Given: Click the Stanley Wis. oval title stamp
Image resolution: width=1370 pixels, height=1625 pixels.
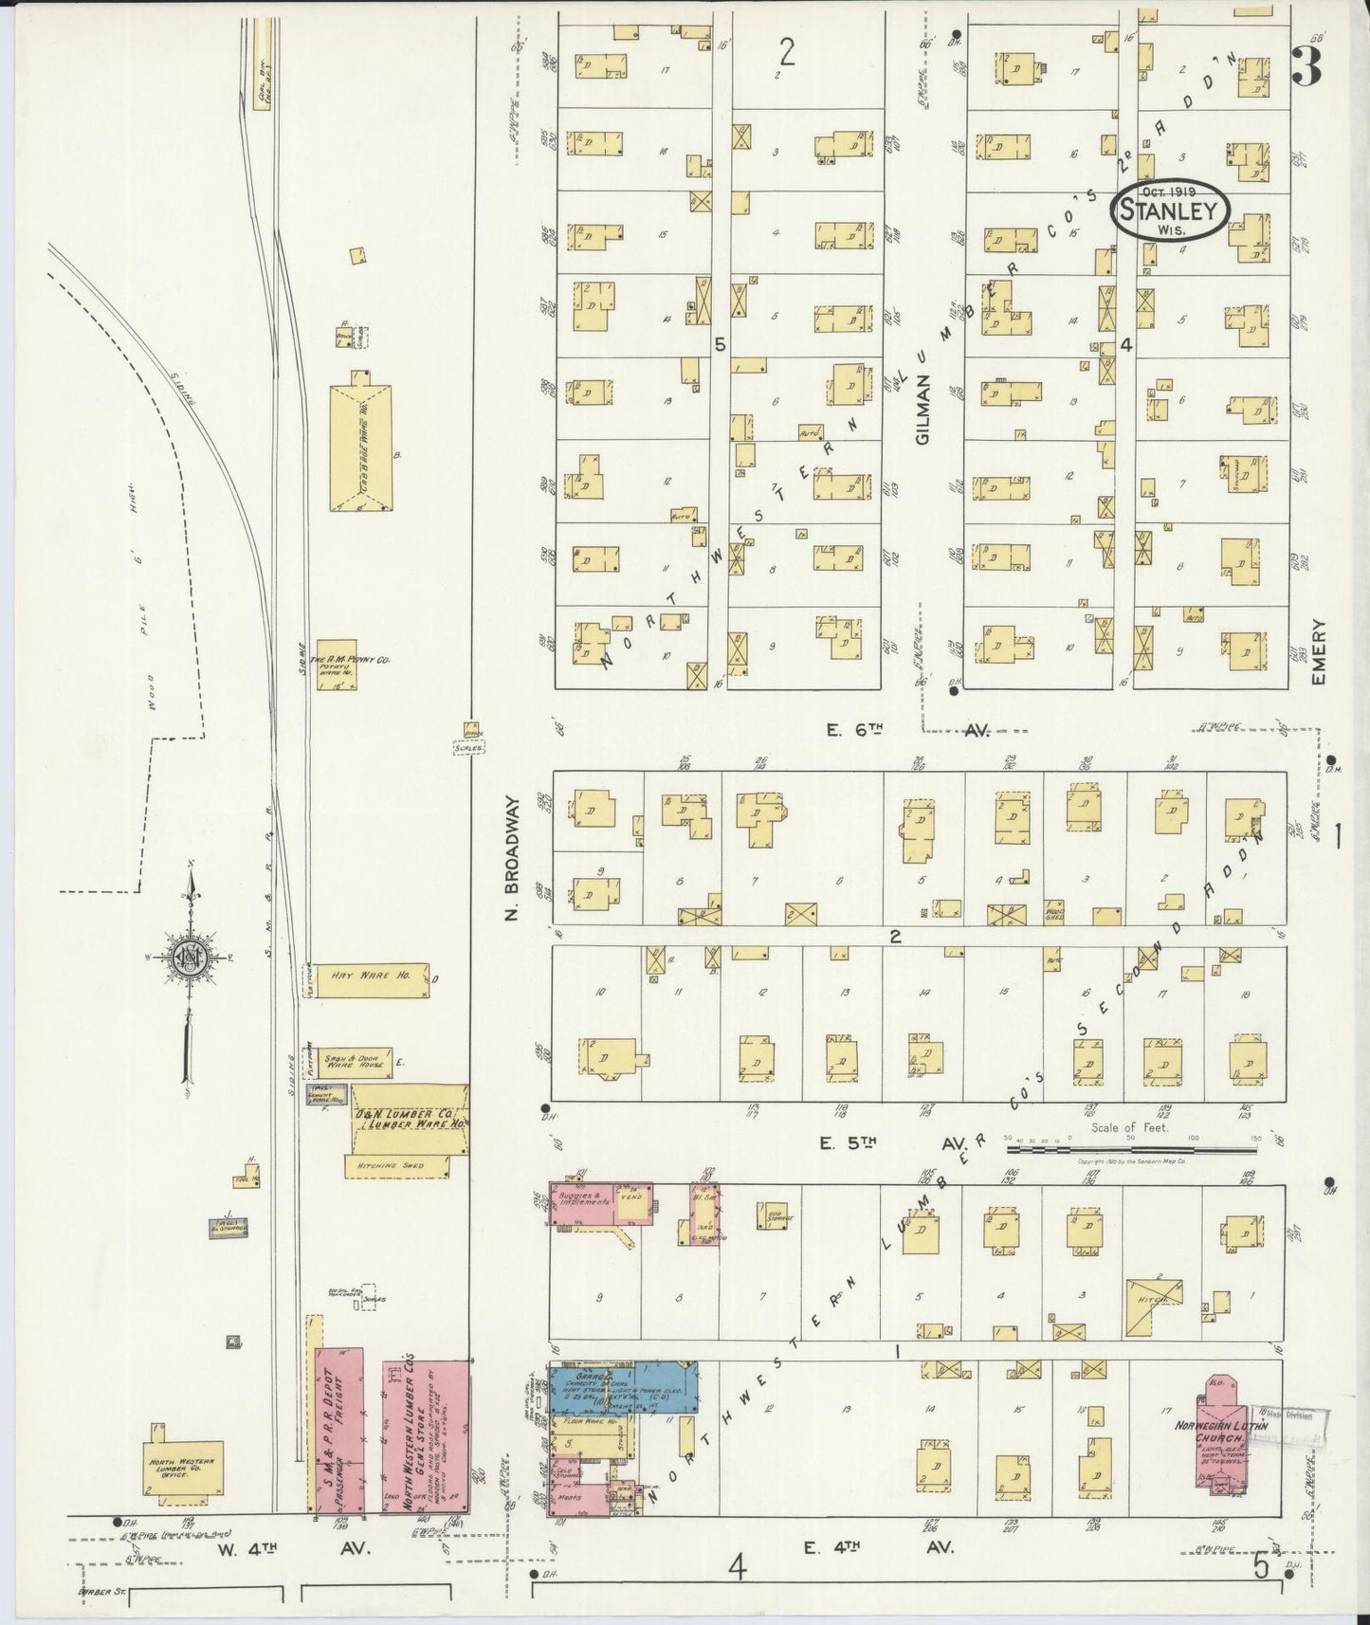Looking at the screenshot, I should click(1170, 211).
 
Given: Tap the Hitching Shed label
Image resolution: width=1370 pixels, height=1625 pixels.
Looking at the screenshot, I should click(392, 1165).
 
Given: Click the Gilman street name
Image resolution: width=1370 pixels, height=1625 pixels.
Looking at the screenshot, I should click(923, 408).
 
